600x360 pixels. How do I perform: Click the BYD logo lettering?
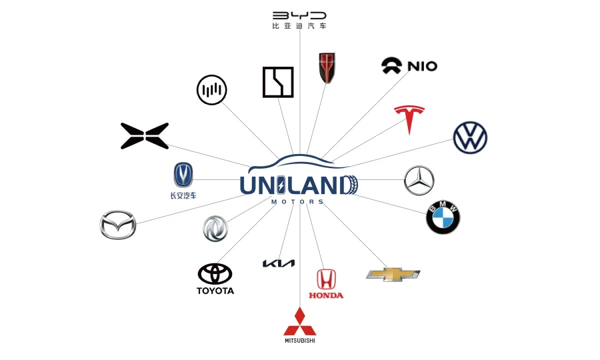(x=300, y=15)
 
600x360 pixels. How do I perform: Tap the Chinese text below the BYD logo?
(x=300, y=27)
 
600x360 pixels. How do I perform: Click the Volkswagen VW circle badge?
(x=470, y=138)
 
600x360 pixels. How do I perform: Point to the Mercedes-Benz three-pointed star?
(x=419, y=181)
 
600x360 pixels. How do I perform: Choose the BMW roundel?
(x=443, y=217)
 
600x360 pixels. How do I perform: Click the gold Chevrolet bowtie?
(x=393, y=274)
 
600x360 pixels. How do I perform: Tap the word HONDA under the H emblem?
(x=326, y=295)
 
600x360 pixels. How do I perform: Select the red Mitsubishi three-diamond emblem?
(x=299, y=321)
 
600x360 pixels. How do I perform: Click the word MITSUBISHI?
(x=299, y=341)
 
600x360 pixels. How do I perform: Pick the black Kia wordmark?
(x=279, y=263)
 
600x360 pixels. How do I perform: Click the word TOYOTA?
(x=215, y=291)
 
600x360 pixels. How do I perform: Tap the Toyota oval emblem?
(x=215, y=273)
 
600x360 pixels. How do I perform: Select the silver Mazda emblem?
(x=118, y=225)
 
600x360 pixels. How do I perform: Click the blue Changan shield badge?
(x=183, y=175)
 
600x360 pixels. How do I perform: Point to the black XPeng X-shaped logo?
(x=145, y=136)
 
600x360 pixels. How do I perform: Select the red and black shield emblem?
(x=327, y=68)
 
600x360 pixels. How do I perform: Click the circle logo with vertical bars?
(x=212, y=90)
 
